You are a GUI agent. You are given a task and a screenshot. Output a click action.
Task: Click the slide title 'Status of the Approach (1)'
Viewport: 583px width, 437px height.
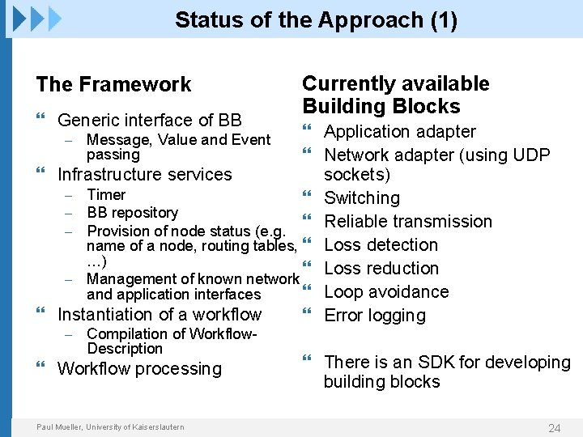[x=316, y=20]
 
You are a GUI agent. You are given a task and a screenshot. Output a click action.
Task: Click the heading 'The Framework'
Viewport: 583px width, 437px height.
[x=113, y=84]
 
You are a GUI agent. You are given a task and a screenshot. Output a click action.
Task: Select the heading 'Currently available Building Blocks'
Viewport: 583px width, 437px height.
[x=395, y=95]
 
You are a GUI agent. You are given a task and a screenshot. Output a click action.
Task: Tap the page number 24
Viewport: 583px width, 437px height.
[x=554, y=427]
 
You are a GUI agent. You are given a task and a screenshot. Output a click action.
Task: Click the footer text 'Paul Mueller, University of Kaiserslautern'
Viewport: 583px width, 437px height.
[x=110, y=427]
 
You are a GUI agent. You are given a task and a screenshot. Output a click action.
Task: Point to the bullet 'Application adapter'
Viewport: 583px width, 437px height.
[x=400, y=132]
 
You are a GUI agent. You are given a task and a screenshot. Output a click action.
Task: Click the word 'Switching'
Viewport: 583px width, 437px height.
[x=362, y=198]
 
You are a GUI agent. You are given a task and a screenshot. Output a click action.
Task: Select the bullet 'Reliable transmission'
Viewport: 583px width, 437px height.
[x=408, y=222]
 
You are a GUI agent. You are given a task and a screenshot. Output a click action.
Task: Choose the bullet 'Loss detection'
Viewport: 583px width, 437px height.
[x=381, y=245]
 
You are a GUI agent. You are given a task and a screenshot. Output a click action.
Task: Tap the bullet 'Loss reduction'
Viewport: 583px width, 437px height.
[x=381, y=269]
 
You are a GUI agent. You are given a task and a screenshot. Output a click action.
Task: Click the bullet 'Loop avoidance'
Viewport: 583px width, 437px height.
[x=386, y=292]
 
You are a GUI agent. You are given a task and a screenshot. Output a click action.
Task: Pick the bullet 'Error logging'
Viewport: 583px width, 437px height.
[x=374, y=316]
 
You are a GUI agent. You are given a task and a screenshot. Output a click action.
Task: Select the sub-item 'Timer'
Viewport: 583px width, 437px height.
[x=106, y=195]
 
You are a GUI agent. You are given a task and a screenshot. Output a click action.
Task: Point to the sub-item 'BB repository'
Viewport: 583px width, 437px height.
[x=132, y=213]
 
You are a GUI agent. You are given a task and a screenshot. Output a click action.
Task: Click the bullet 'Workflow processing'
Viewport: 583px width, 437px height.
[x=139, y=369]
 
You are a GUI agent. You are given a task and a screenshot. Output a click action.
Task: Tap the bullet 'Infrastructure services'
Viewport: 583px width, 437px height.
[x=144, y=175]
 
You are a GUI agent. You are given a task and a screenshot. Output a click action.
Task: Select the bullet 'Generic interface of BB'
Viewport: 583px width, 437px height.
[x=149, y=121]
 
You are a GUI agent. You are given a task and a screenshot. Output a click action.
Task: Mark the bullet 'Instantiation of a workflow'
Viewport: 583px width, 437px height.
[x=160, y=315]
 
